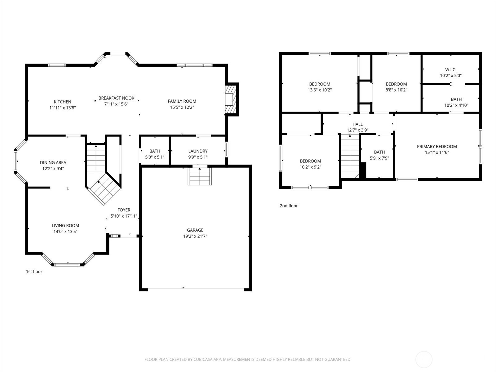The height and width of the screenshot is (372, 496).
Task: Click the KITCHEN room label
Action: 62,102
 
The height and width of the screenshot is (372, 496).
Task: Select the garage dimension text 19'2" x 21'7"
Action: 195,236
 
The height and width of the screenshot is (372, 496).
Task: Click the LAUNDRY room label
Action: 198,151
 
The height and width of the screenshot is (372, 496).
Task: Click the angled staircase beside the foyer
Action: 103,188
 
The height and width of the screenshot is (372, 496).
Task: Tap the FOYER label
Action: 124,210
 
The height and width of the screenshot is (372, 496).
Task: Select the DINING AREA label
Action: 53,162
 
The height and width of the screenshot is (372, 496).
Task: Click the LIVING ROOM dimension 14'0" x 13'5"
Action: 65,232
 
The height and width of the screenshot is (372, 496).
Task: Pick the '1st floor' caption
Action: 34,272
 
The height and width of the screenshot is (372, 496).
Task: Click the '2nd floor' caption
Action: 289,206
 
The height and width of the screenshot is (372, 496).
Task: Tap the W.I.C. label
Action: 450,70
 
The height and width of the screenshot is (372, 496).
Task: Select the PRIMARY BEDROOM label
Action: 437,147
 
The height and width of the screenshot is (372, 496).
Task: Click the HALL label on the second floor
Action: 357,124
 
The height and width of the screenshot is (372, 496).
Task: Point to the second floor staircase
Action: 350,155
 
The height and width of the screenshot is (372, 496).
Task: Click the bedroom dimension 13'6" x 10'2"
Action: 320,90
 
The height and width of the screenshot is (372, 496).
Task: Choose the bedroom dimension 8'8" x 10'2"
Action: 396,90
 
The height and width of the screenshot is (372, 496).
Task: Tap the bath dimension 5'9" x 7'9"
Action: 379,158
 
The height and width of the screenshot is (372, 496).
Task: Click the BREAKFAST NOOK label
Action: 116,98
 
